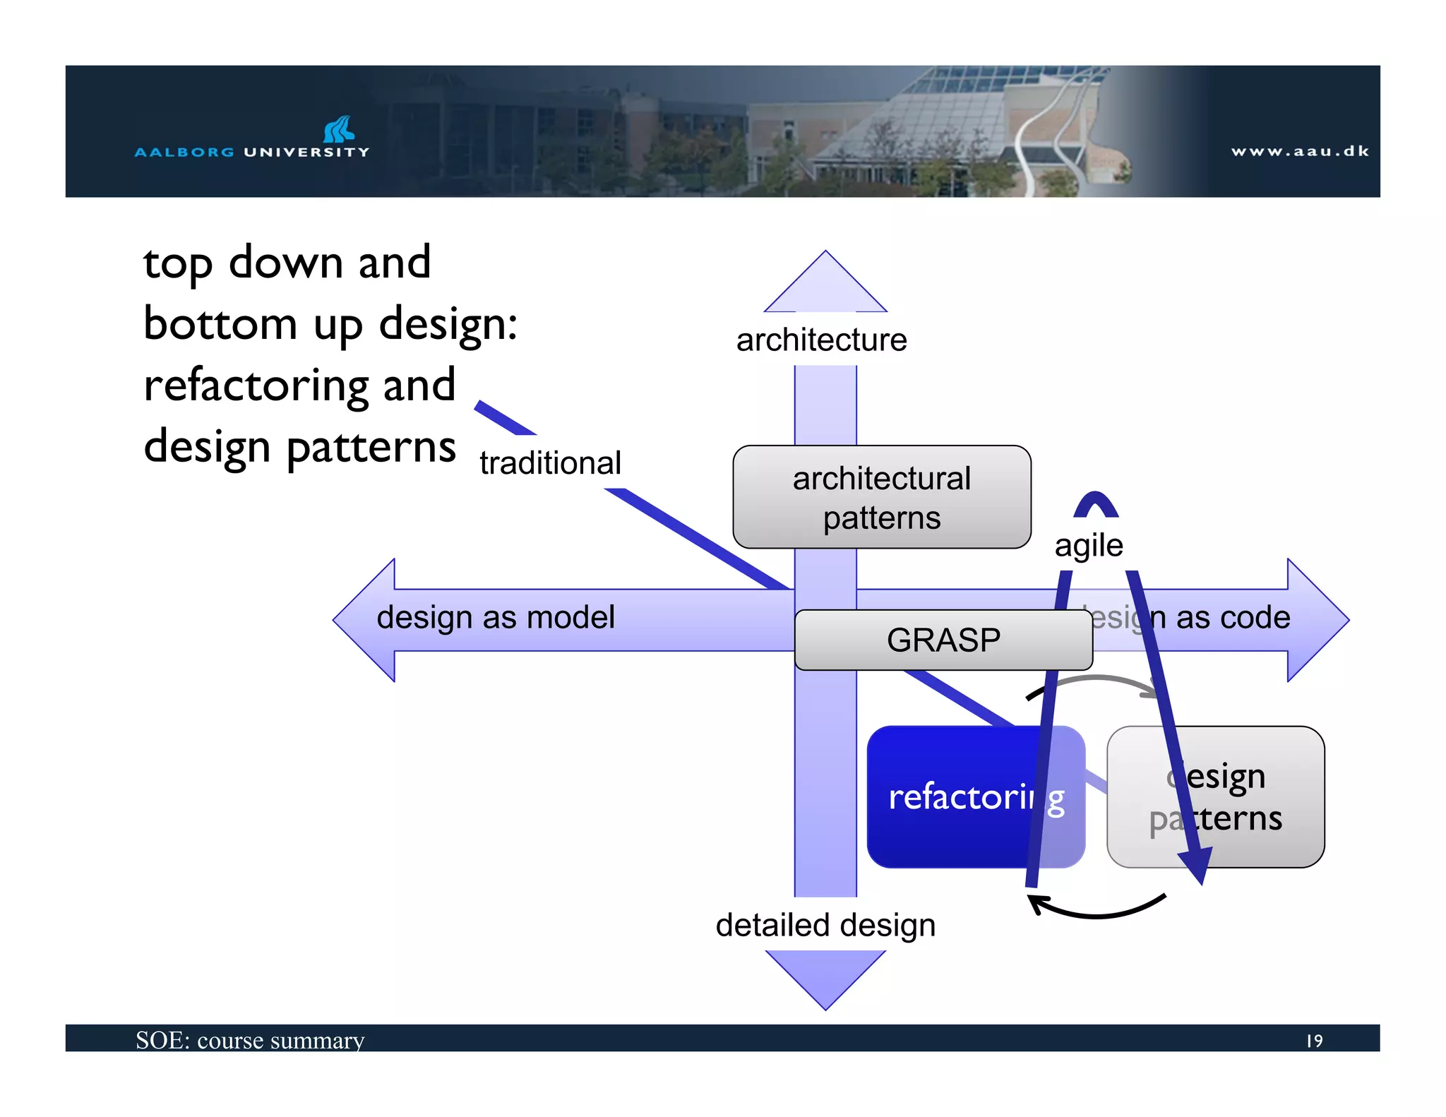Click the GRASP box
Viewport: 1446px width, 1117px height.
[x=943, y=640]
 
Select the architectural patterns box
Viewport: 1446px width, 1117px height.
[x=881, y=497]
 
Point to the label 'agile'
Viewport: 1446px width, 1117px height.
[x=1088, y=545]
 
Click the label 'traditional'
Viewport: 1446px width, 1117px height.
[x=550, y=463]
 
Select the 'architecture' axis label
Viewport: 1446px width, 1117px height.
[x=821, y=340]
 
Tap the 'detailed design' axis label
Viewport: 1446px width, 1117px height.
[x=825, y=925]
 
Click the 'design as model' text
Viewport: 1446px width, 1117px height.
[x=496, y=617]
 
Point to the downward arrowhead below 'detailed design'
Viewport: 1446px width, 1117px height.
[x=825, y=977]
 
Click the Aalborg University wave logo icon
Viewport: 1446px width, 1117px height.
[x=338, y=129]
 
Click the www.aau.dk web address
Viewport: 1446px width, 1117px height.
[x=1299, y=151]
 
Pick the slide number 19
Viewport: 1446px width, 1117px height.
[x=1313, y=1041]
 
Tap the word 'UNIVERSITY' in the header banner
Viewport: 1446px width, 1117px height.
[x=306, y=152]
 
